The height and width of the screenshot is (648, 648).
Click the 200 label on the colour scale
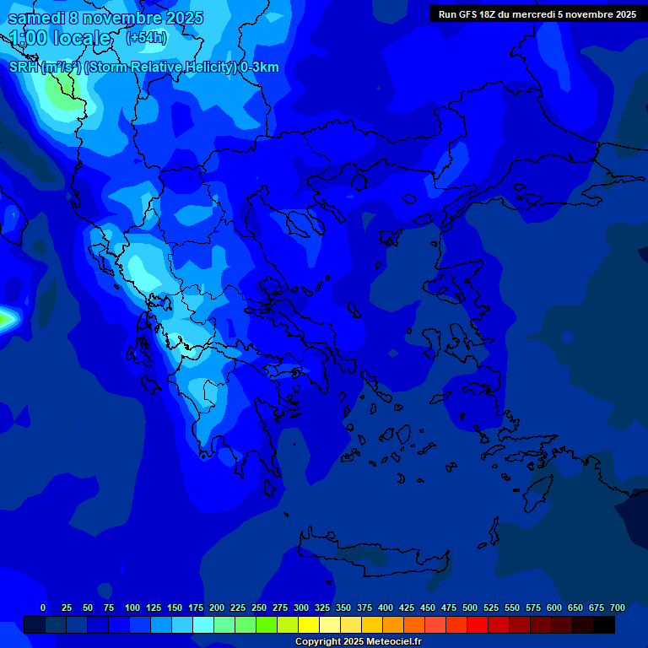click(217, 607)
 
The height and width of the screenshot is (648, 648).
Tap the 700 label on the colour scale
click(618, 607)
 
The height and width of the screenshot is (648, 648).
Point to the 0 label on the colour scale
click(43, 607)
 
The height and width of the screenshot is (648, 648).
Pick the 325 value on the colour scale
click(322, 607)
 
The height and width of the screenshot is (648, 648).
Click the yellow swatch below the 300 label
click(309, 625)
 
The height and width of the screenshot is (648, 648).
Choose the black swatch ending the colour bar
click(604, 625)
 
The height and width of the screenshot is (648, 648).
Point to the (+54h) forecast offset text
click(146, 38)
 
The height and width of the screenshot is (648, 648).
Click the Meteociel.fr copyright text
click(358, 642)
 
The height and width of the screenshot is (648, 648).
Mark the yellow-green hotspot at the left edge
click(5, 319)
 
